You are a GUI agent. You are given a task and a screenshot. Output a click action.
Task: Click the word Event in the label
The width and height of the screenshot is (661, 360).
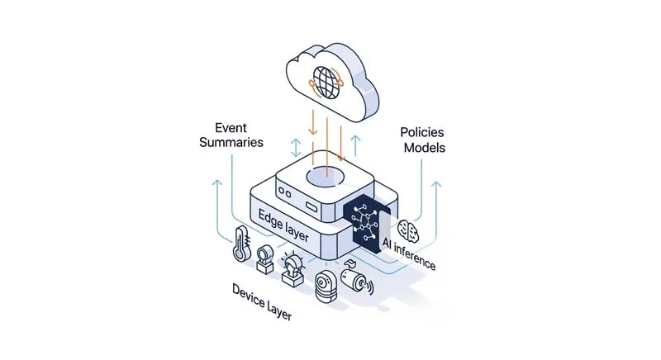[231, 128]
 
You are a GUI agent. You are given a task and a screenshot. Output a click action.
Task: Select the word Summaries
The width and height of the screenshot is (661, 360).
[233, 143]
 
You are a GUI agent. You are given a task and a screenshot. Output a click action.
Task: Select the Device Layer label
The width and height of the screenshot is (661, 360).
[261, 305]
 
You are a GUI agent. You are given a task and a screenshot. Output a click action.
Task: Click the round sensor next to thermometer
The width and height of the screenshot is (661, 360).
[267, 258]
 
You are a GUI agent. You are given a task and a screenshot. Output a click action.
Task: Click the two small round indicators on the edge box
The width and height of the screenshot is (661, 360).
[286, 191]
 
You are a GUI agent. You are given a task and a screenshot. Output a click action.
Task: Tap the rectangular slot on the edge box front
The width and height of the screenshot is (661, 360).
[309, 202]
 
